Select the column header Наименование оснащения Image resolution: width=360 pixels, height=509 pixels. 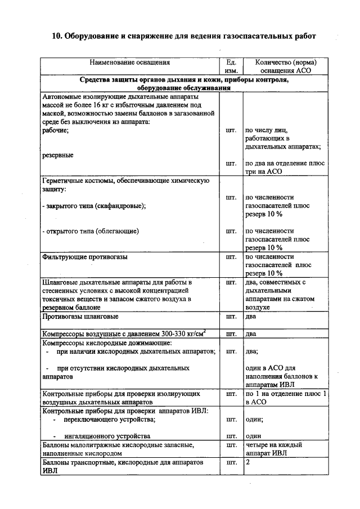coord(129,62)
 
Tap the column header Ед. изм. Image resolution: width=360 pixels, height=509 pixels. coord(231,67)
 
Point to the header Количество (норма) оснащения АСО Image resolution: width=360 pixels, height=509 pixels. coord(286,67)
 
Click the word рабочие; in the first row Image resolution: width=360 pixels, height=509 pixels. coord(56,130)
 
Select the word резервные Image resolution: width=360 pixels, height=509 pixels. coord(58,155)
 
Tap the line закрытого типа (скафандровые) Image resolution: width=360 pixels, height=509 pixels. coord(94,206)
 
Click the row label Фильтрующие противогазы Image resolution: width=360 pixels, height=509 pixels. coord(85,256)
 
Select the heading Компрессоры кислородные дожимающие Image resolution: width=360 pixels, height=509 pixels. coord(107,343)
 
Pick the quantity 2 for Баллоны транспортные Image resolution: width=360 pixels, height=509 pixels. coord(247,462)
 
